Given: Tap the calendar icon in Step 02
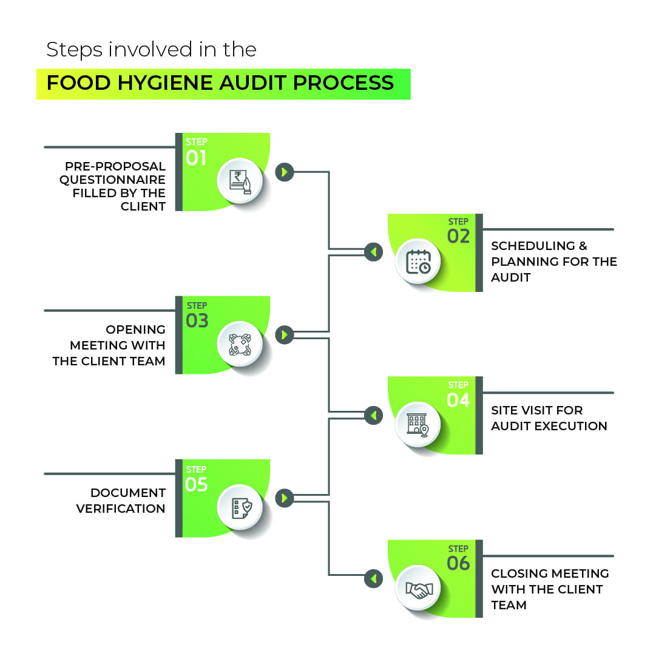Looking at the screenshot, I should click(x=419, y=262).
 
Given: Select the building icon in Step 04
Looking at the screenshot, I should click(x=418, y=424).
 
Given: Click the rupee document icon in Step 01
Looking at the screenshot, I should click(x=240, y=181).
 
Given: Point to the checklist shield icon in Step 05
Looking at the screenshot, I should click(x=240, y=507).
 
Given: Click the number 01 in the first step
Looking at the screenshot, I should click(x=196, y=158).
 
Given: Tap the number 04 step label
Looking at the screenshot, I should click(x=458, y=401).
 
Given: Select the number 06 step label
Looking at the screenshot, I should click(x=458, y=564).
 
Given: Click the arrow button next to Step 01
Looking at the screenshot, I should click(x=284, y=172).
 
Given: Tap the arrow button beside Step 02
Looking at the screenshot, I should click(x=374, y=252).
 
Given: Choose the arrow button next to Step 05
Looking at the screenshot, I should click(x=284, y=499).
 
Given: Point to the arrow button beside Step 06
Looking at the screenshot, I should click(x=374, y=579).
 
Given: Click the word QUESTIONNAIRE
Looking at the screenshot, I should click(x=112, y=180).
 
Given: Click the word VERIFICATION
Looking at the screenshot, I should click(x=121, y=509).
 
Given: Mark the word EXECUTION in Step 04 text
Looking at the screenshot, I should click(x=571, y=426).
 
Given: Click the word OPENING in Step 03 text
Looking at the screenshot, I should click(x=135, y=330).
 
